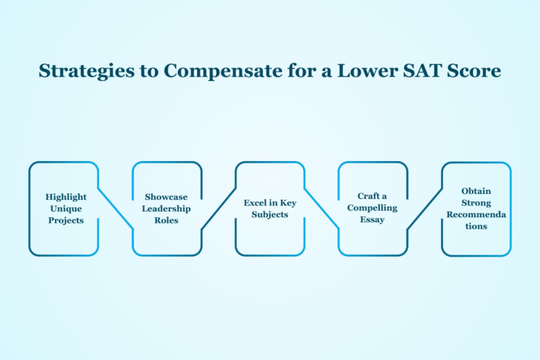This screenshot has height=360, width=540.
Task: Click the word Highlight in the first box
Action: (x=66, y=197)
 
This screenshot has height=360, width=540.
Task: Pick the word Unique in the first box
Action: (x=66, y=208)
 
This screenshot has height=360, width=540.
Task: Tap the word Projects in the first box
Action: (x=66, y=220)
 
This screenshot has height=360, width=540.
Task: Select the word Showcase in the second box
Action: (x=167, y=197)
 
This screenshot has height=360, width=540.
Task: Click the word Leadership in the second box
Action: (x=167, y=208)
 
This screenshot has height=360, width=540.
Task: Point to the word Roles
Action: (x=167, y=220)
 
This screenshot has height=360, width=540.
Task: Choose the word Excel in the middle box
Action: (x=255, y=202)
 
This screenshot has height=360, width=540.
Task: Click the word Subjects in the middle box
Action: (x=270, y=214)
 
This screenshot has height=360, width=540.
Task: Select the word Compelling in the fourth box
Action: (x=373, y=208)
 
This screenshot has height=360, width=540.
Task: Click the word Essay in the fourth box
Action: (x=373, y=220)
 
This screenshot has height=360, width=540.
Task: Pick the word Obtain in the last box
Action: (x=476, y=191)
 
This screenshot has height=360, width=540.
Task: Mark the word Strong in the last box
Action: (x=476, y=202)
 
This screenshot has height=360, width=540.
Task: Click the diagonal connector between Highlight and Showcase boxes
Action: (x=115, y=208)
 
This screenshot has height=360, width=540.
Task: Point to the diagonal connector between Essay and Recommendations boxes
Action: (x=424, y=208)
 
